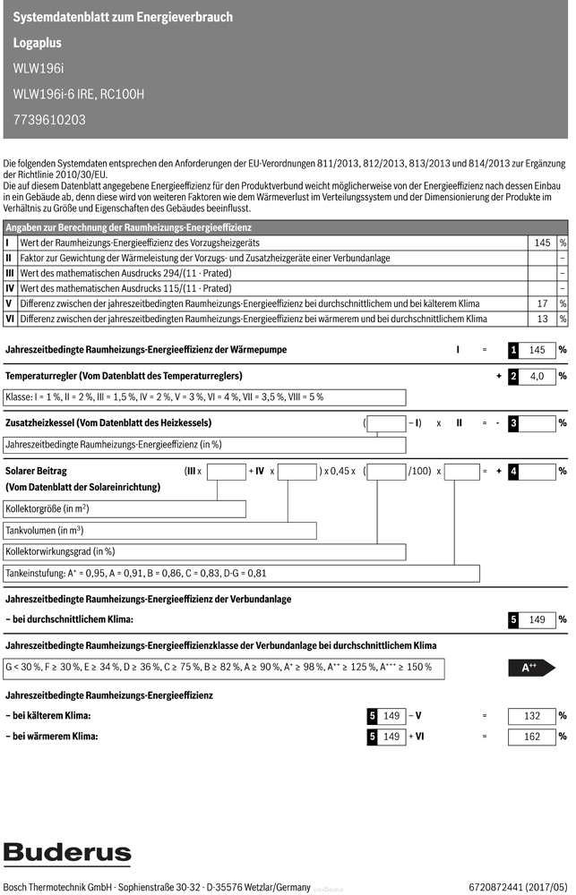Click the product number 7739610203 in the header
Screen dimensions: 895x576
[x=50, y=119]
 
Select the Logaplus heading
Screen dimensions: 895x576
[x=38, y=42]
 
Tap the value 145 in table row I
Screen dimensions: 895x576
[x=541, y=243]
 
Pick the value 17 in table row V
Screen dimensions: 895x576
[x=541, y=303]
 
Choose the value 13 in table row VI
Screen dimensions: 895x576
[x=541, y=319]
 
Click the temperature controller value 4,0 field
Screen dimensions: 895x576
[x=537, y=377]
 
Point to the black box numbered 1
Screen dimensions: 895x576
[x=513, y=350]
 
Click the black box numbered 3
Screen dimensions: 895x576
[x=513, y=423]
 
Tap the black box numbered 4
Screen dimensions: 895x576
[x=513, y=471]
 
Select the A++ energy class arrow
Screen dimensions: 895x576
[x=531, y=668]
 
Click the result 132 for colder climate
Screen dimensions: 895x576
[x=532, y=716]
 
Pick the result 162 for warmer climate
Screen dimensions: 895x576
[x=532, y=737]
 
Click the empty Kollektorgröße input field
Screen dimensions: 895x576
[x=125, y=509]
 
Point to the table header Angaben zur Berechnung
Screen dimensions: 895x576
[x=130, y=228]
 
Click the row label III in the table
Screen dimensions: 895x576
[x=10, y=273]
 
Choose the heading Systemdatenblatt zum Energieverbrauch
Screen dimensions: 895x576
[x=124, y=17]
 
